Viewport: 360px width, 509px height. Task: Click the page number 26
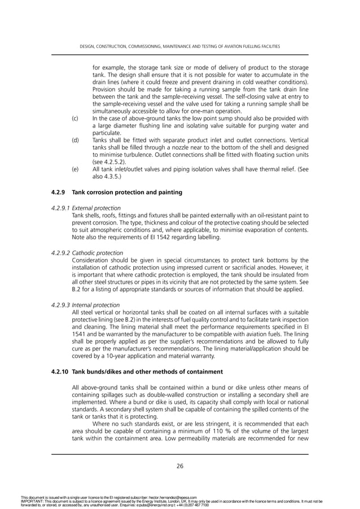pos(180,466)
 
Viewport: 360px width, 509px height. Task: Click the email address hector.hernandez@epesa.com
pos(179,498)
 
